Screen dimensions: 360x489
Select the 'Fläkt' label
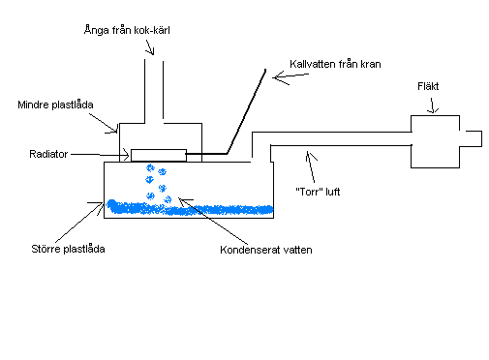[x=428, y=85]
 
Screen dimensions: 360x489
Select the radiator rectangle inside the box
[x=157, y=155]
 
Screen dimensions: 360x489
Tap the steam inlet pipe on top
[x=154, y=91]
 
